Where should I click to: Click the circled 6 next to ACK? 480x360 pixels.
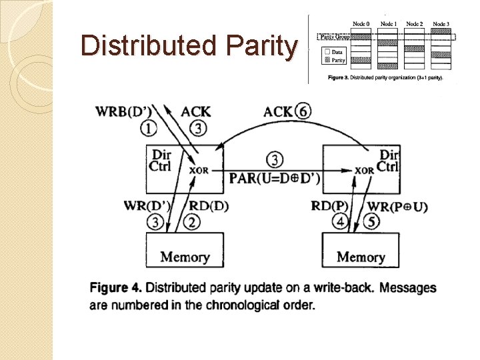(303, 111)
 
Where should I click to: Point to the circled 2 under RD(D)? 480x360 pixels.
(193, 222)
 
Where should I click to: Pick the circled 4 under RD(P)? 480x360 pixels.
(341, 222)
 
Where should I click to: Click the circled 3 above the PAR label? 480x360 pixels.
(274, 159)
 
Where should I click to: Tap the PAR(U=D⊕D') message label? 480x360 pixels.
(274, 178)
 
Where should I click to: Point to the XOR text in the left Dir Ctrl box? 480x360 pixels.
(199, 170)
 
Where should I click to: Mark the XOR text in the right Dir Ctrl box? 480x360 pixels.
(365, 170)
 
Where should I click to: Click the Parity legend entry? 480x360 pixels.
(337, 60)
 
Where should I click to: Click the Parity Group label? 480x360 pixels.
(335, 37)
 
